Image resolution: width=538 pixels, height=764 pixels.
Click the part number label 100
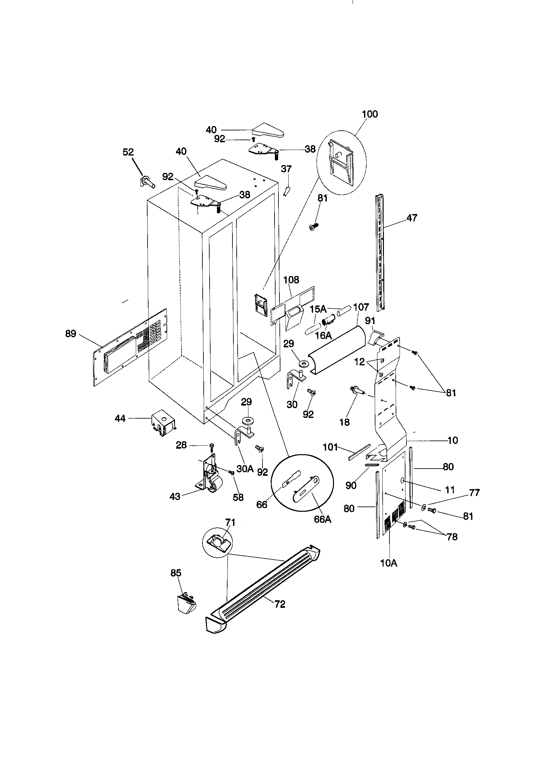click(x=370, y=114)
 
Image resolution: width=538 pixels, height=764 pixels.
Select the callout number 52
click(x=128, y=152)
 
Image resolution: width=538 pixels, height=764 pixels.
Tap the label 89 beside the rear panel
click(x=71, y=333)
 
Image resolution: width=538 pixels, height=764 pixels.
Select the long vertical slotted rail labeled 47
click(x=380, y=253)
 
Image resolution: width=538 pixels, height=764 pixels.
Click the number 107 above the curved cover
click(x=361, y=307)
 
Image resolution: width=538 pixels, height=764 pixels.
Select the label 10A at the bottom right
click(x=389, y=563)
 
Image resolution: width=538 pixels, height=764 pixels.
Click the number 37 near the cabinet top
click(x=286, y=169)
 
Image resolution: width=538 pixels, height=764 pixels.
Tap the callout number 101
click(x=330, y=447)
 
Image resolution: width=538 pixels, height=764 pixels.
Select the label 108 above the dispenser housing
click(x=291, y=280)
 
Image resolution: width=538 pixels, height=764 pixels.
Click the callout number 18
click(x=344, y=422)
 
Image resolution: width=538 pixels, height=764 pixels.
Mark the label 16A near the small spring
click(x=323, y=335)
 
